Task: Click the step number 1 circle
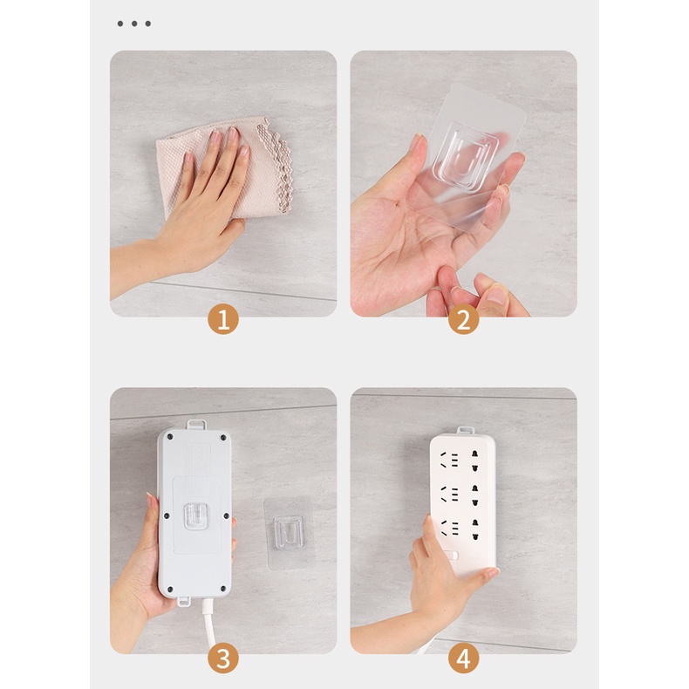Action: [x=222, y=320]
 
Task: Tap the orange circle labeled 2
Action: [x=463, y=320]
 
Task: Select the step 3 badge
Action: [x=222, y=658]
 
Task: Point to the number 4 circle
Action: [x=463, y=658]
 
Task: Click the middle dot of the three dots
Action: [x=134, y=24]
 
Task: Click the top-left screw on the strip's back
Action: [x=168, y=440]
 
